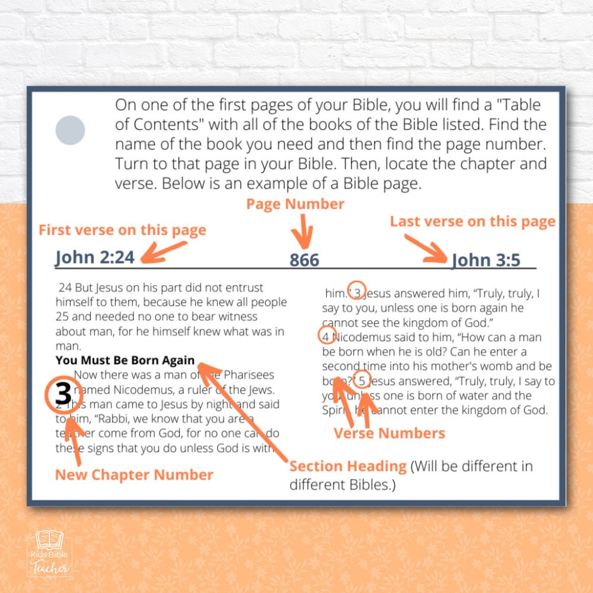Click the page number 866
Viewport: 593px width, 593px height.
point(304,260)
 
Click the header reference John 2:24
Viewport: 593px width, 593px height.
point(95,257)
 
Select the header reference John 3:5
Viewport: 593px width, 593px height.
point(486,260)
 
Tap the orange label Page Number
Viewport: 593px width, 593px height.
point(295,204)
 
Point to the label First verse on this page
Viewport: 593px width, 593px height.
point(122,230)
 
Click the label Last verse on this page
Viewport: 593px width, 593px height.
point(472,222)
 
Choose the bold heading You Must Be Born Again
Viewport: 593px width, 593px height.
point(125,360)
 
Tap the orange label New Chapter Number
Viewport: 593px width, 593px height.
point(134,474)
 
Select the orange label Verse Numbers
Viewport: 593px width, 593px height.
point(389,433)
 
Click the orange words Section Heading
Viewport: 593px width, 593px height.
point(347,466)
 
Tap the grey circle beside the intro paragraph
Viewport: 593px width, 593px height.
point(70,130)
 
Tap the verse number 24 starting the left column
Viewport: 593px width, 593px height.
point(65,288)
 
